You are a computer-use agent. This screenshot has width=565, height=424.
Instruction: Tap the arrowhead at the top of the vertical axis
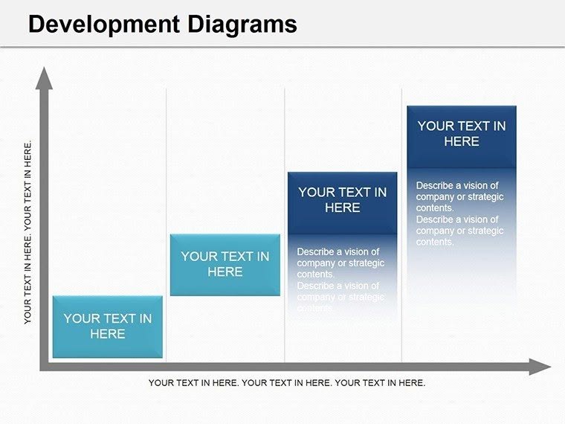45,77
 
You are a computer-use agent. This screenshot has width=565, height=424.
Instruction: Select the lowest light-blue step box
108,326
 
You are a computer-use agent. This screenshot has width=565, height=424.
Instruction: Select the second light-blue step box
225,264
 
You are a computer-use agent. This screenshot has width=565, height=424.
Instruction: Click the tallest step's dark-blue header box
462,134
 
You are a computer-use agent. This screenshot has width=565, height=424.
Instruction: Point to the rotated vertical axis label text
28,232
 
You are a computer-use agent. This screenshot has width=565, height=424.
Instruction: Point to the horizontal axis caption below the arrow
287,383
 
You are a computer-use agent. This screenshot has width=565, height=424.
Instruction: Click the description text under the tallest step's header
459,213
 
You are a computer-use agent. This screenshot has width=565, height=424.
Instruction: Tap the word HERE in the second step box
225,272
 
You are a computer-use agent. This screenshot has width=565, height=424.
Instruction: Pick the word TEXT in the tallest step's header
472,126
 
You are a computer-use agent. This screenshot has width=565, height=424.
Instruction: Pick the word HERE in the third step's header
343,208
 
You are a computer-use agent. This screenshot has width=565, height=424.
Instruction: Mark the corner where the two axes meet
45,366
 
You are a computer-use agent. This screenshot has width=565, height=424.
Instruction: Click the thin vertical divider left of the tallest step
402,223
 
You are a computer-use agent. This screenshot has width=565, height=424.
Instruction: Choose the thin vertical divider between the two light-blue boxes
167,223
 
